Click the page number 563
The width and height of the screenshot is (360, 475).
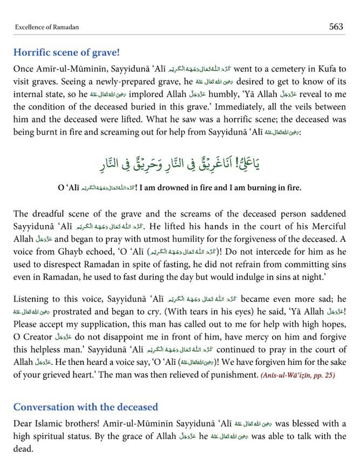(x=336, y=26)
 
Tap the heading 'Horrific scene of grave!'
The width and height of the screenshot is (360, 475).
(x=66, y=53)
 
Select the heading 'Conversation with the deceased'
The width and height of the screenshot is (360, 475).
(x=85, y=406)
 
